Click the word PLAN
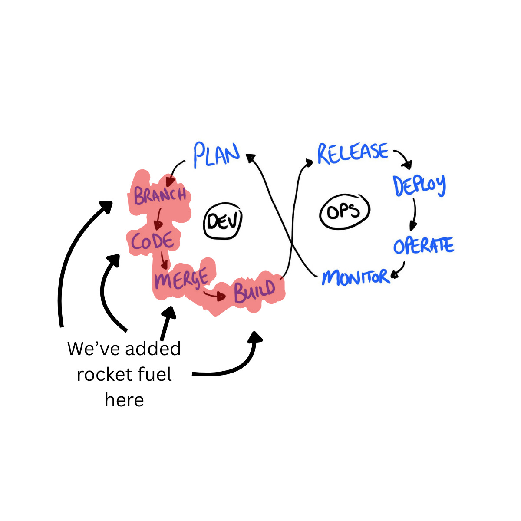[216, 155]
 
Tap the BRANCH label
[160, 195]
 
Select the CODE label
[153, 241]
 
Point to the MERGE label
[181, 279]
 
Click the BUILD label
[255, 290]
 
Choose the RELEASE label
[353, 153]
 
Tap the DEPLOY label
[419, 185]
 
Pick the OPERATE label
[423, 246]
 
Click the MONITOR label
[355, 277]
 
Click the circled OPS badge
[344, 211]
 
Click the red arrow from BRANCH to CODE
[158, 218]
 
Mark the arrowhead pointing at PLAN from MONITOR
[251, 157]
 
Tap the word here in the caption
[124, 400]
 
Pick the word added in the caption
[153, 349]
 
